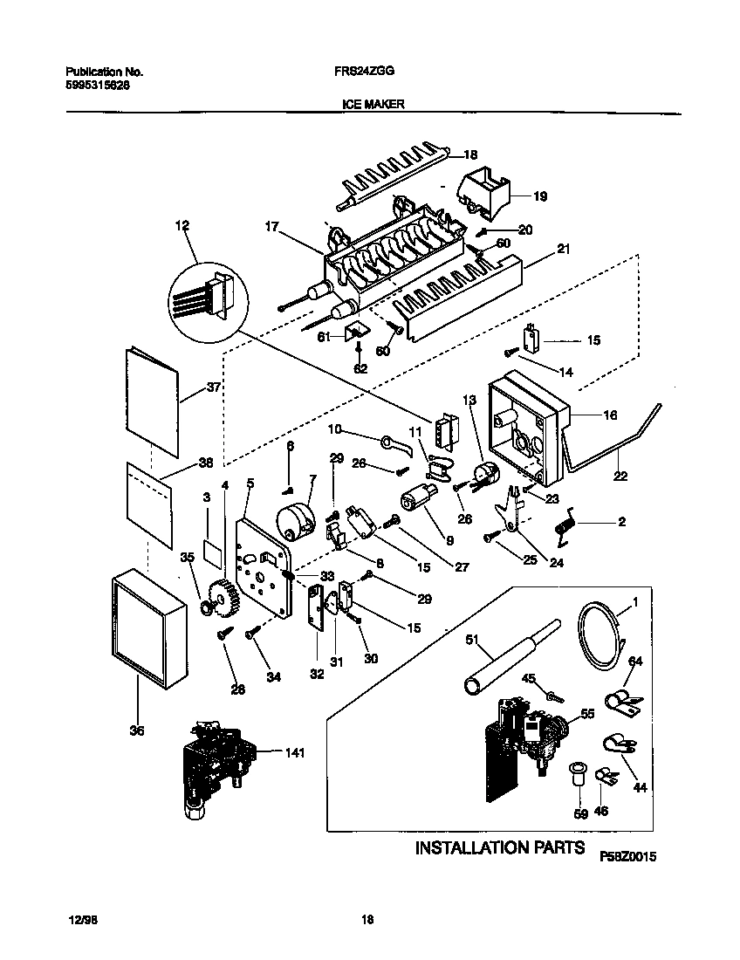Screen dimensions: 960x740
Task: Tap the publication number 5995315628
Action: [x=99, y=86]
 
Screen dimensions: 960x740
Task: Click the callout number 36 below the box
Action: [x=136, y=730]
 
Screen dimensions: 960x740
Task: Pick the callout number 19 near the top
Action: [x=539, y=197]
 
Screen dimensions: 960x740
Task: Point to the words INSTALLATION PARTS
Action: [x=498, y=847]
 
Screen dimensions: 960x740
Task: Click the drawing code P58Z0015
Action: [x=627, y=858]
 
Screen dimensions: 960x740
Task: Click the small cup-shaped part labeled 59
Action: [x=577, y=774]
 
